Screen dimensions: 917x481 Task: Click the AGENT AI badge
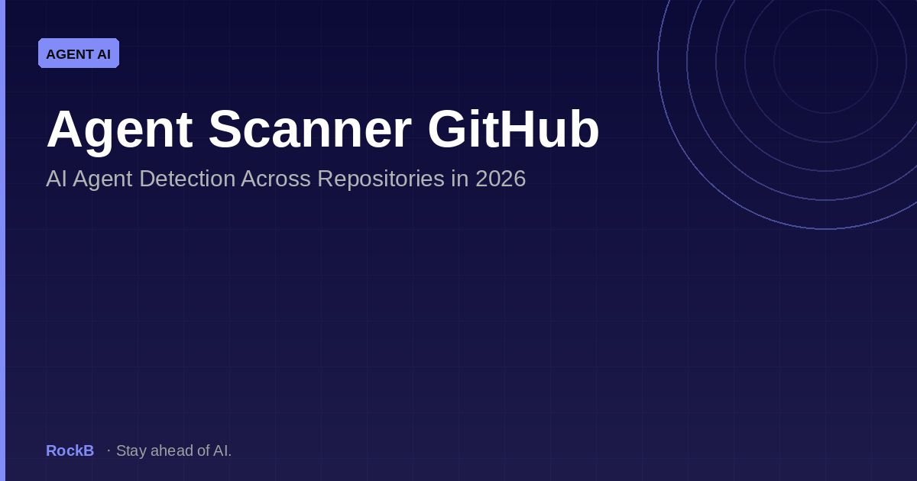pyautogui.click(x=79, y=53)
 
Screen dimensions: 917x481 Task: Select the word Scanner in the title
pyautogui.click(x=310, y=129)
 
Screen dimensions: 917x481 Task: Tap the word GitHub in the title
pyautogui.click(x=514, y=128)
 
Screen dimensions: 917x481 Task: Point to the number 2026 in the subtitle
pyautogui.click(x=501, y=179)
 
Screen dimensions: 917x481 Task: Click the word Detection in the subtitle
pyautogui.click(x=187, y=179)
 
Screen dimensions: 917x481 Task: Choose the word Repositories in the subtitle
pyautogui.click(x=381, y=180)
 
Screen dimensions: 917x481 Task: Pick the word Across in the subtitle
pyautogui.click(x=276, y=179)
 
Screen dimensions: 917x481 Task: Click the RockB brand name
pyautogui.click(x=70, y=450)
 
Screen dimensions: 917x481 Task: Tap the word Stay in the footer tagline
pyautogui.click(x=131, y=451)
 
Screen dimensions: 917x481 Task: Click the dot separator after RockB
pyautogui.click(x=109, y=450)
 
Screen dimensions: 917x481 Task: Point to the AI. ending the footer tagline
pyautogui.click(x=222, y=450)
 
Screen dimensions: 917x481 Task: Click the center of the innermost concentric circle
pyautogui.click(x=826, y=61)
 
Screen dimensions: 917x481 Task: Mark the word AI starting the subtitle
pyautogui.click(x=57, y=179)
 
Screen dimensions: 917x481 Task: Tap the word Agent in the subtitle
pyautogui.click(x=102, y=180)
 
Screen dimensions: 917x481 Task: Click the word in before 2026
pyautogui.click(x=460, y=179)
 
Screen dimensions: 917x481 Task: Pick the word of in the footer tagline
pyautogui.click(x=203, y=450)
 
